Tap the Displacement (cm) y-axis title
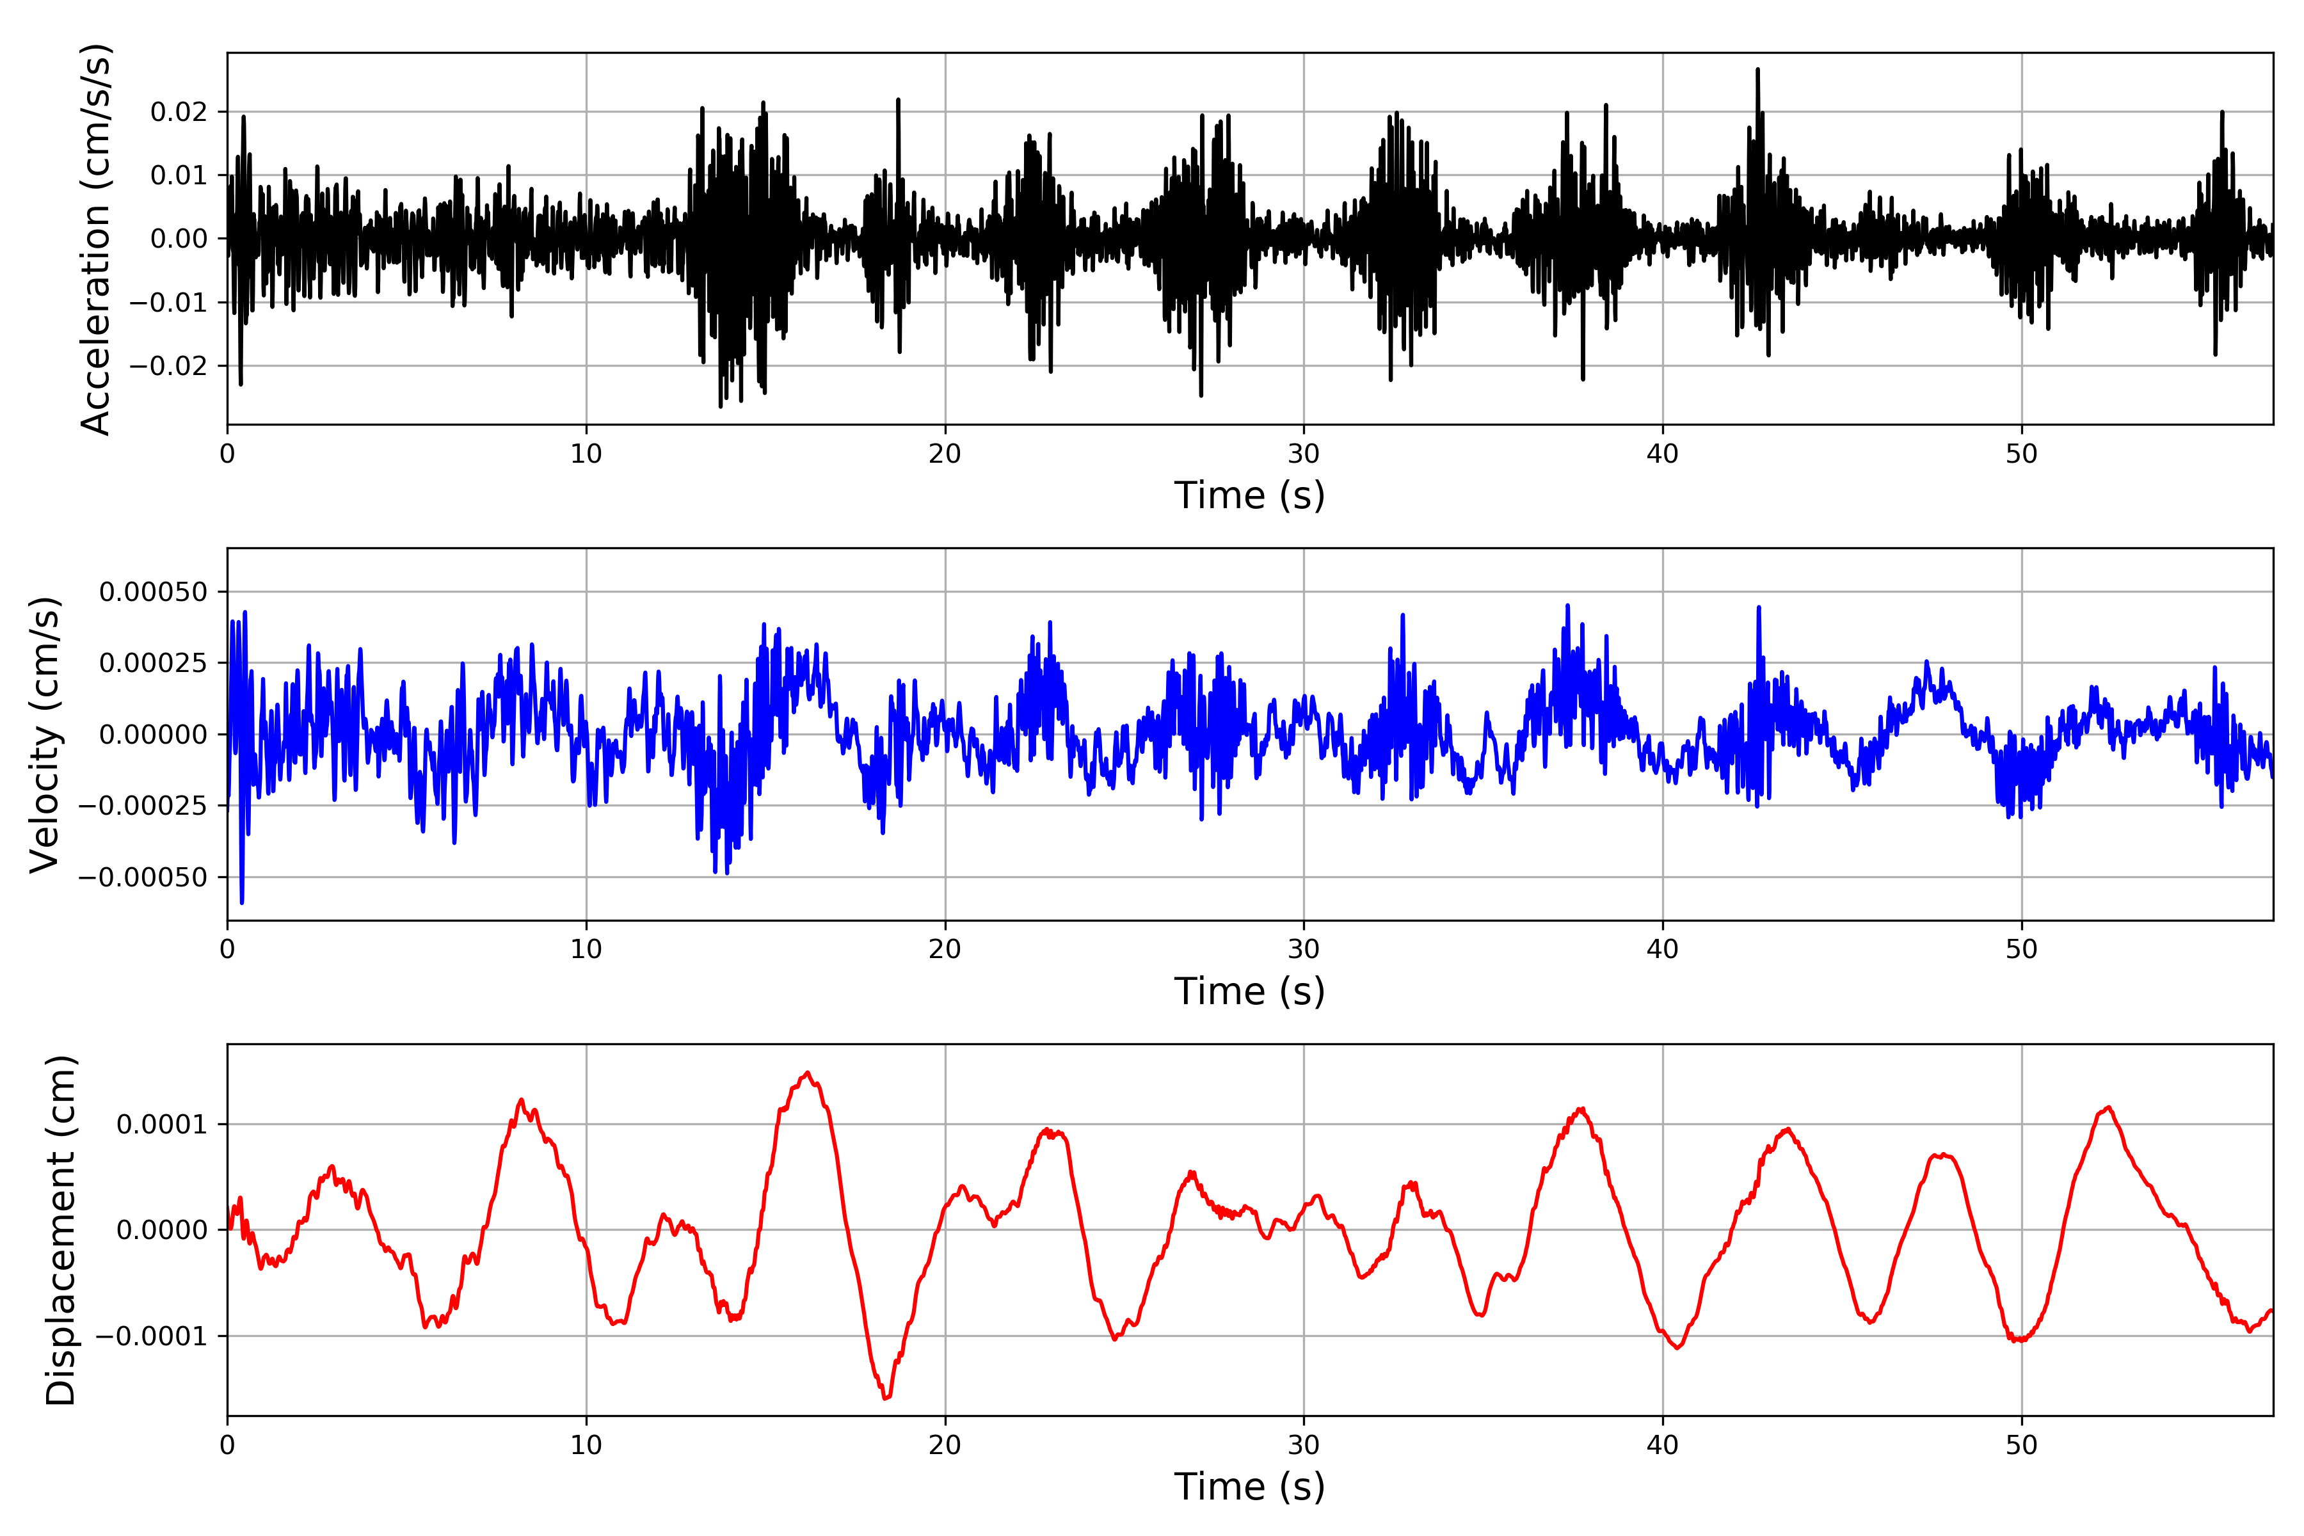(x=61, y=1230)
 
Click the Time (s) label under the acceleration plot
(x=1249, y=495)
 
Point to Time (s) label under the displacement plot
(x=1249, y=1487)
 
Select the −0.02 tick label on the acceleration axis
(x=168, y=366)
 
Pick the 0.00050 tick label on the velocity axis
(x=154, y=591)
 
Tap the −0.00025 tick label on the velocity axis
(x=143, y=806)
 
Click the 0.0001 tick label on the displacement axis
(x=163, y=1124)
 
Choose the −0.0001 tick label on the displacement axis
(x=152, y=1336)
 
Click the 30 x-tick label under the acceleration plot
(x=1303, y=454)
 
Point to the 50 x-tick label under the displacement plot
(x=2021, y=1445)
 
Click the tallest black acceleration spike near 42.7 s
(x=1757, y=70)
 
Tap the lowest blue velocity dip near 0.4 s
(x=242, y=901)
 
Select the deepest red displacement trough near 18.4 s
(x=886, y=1397)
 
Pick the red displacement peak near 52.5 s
(x=2109, y=1108)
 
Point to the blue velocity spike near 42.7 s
(x=1758, y=609)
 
